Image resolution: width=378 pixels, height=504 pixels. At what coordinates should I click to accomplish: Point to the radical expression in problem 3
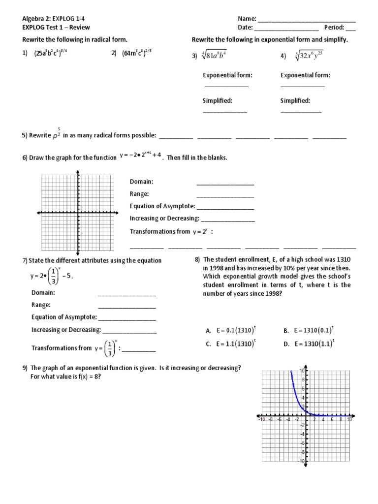pyautogui.click(x=214, y=56)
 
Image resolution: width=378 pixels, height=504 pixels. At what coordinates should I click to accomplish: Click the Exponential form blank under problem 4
pyautogui.click(x=303, y=87)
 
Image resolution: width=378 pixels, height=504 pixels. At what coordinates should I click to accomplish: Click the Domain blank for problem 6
pyautogui.click(x=225, y=184)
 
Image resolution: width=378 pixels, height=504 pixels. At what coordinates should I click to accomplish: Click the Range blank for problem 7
pyautogui.click(x=127, y=307)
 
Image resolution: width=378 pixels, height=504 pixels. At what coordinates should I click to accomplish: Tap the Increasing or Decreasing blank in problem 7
pyautogui.click(x=129, y=332)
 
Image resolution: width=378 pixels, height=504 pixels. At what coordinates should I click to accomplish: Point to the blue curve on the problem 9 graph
pyautogui.click(x=297, y=394)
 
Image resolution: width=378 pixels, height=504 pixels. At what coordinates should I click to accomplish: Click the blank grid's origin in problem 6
pyautogui.click(x=78, y=213)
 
